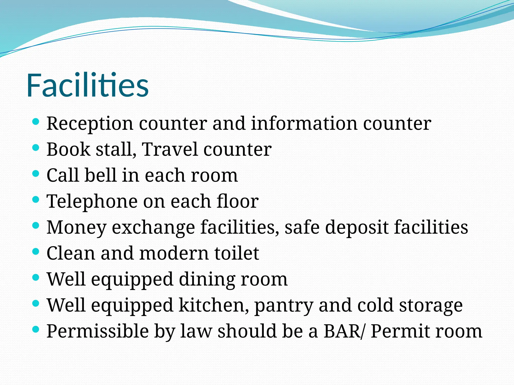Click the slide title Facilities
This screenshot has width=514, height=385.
point(87,85)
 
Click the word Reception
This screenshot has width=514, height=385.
point(90,124)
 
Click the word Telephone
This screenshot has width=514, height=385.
point(92,201)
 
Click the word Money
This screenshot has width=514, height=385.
point(76,227)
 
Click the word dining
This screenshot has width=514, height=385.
point(207,279)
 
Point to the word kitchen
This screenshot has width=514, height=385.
point(214,305)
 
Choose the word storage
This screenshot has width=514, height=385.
point(431,305)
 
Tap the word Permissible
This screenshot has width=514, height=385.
point(98,331)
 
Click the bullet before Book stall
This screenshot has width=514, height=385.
point(36,148)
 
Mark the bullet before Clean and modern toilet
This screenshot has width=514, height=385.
point(36,251)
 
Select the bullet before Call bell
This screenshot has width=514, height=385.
point(36,174)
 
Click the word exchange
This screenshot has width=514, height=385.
point(153,227)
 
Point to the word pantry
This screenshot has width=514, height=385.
point(284,306)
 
